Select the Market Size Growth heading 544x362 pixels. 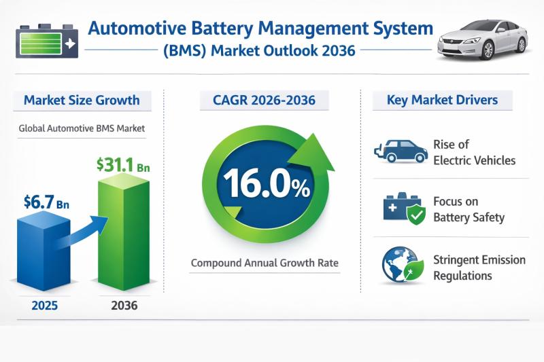[x=82, y=101]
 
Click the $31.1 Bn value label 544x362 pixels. [x=123, y=165]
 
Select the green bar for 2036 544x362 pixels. [x=125, y=234]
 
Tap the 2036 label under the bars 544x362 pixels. [x=124, y=305]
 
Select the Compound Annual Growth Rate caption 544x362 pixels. [x=265, y=262]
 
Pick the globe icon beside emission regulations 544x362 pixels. [x=397, y=266]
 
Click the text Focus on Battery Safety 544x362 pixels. [x=469, y=210]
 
